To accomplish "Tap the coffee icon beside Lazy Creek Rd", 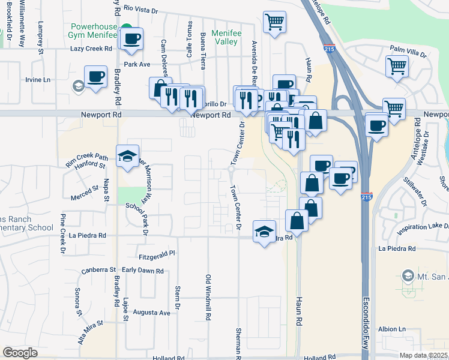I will (131, 39).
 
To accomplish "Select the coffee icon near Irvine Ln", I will (95, 76).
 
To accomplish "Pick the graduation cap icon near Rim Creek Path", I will (127, 157).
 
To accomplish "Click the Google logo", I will (20, 353).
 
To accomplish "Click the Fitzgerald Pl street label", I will (155, 254).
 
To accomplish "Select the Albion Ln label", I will (392, 329).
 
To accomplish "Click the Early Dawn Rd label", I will (143, 271).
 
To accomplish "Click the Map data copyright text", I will (423, 355).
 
